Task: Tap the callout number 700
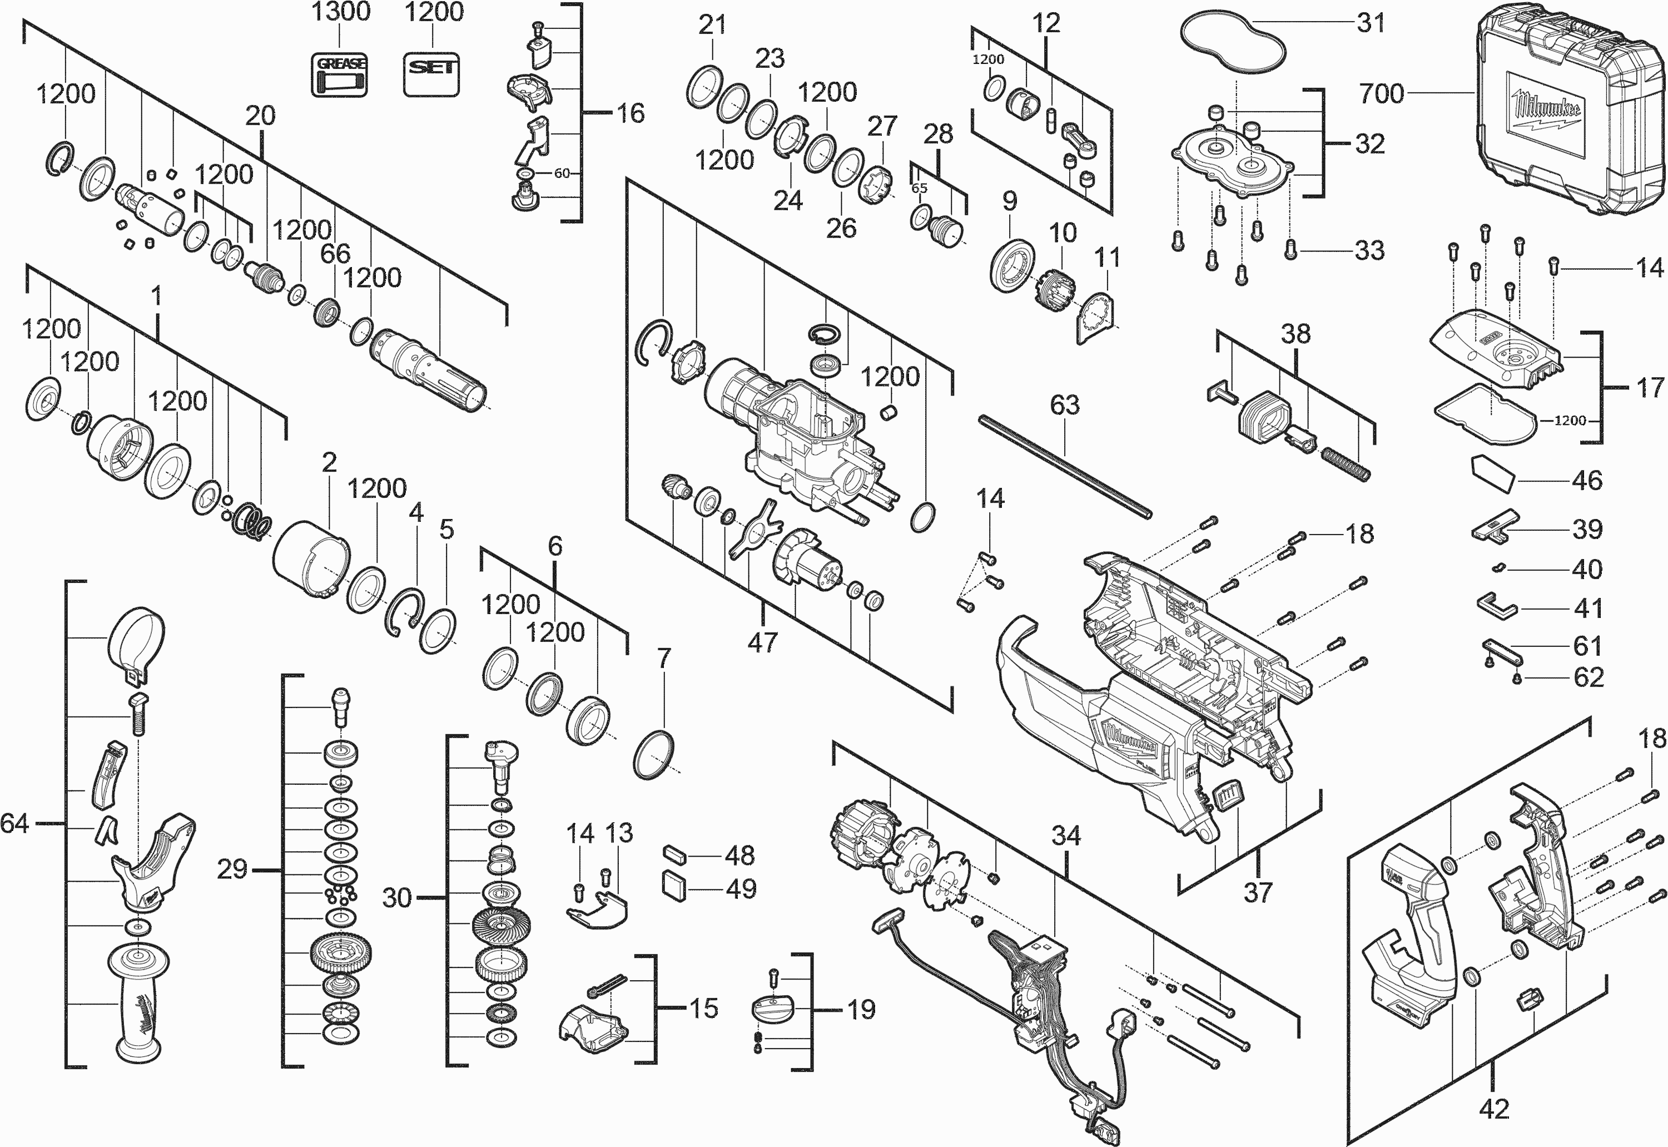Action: (x=1381, y=93)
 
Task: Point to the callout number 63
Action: (x=1065, y=406)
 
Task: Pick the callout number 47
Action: (x=762, y=642)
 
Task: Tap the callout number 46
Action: (x=1587, y=480)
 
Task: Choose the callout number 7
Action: (x=664, y=658)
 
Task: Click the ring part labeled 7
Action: (x=654, y=755)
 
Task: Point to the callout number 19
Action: (x=861, y=1010)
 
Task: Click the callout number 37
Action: (x=1258, y=893)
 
